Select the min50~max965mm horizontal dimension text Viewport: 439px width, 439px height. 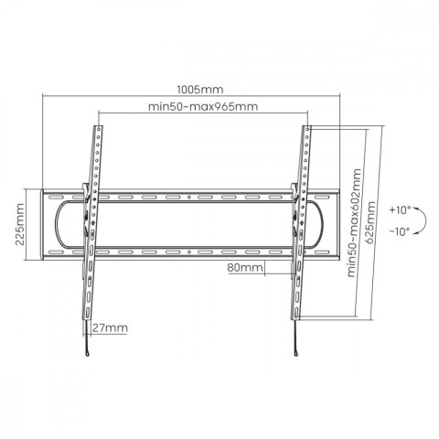tap(201, 106)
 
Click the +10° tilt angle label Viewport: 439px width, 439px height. tap(400, 209)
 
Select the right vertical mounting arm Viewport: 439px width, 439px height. tap(299, 229)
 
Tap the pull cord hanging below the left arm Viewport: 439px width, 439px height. tap(89, 343)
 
